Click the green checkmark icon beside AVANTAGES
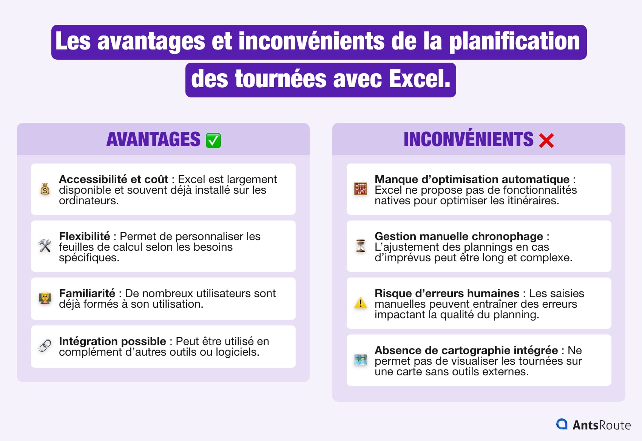213,140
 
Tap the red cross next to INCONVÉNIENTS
546,140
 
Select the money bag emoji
45,189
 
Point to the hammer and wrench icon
45,246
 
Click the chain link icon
45,345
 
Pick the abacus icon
361,189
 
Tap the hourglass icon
361,246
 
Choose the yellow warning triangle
361,303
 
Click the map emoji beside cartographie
361,360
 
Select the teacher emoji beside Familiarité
45,298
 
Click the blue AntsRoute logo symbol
562,424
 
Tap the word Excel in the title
419,79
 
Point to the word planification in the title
514,42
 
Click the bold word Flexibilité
84,236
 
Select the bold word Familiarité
87,293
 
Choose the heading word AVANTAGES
153,139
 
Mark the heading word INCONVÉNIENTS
468,139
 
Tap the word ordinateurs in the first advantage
88,200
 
